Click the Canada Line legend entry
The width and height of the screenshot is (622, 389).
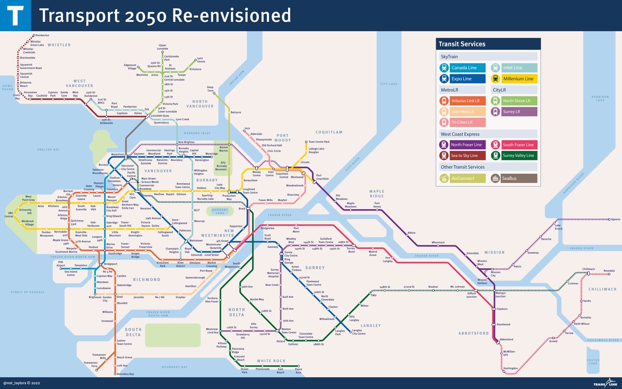point(462,67)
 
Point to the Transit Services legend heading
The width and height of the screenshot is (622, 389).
point(462,44)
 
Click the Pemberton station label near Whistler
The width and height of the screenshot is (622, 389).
point(42,35)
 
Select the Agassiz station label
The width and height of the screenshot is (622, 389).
point(615,219)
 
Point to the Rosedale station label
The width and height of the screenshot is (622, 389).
point(609,270)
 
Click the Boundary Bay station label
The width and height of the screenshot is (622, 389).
point(125,374)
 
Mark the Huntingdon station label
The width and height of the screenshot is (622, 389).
point(510,368)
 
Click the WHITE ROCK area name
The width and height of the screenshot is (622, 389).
point(271,361)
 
